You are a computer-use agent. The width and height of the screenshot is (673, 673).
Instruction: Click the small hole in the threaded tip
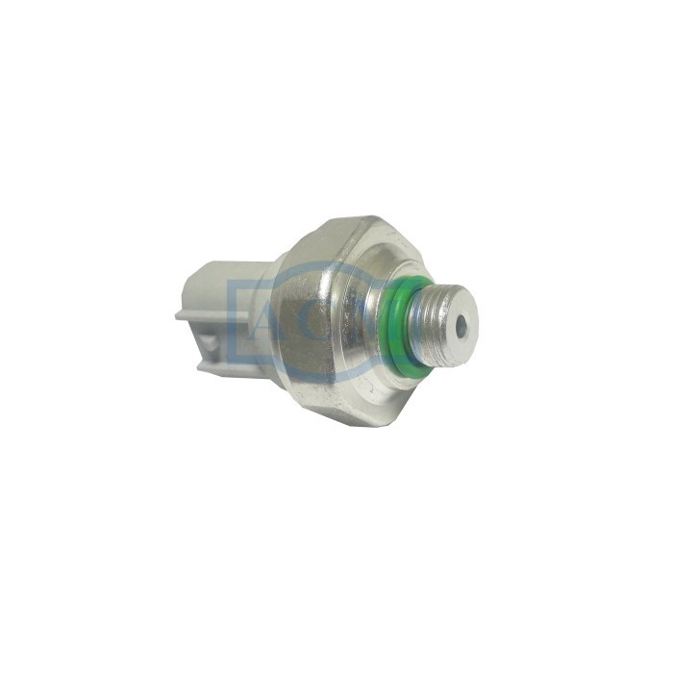coord(461,327)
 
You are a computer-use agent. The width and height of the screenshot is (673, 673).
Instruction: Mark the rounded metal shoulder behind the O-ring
coord(380,308)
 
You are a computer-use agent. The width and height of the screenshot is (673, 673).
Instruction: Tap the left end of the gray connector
coord(181,313)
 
